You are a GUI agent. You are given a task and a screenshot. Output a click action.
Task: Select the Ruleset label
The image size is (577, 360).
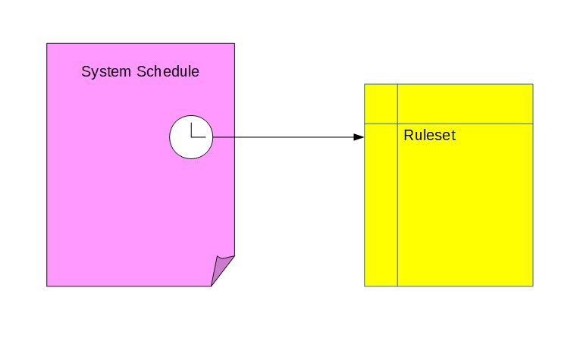coord(429,136)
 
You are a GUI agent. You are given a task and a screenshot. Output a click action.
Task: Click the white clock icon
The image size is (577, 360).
coord(190,137)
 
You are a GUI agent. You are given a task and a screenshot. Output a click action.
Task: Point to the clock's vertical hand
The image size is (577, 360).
coord(191,129)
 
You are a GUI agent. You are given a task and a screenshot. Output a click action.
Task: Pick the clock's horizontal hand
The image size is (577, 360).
coord(198,137)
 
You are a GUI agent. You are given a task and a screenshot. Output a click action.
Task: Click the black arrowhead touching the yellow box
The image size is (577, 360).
coord(359,137)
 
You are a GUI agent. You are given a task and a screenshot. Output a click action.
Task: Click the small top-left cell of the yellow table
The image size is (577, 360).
coord(381,103)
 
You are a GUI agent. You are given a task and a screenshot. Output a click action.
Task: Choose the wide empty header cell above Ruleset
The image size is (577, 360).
coord(465,103)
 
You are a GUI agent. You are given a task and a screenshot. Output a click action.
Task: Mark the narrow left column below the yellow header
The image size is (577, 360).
coord(381,205)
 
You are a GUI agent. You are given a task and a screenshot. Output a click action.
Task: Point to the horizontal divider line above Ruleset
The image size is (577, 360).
coord(465,123)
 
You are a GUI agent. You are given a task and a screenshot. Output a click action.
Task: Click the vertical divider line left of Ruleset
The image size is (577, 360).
coord(397,205)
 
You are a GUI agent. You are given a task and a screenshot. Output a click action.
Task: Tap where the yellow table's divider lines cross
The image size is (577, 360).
coord(397,123)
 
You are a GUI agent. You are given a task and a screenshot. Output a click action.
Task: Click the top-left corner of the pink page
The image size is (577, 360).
coord(47,43)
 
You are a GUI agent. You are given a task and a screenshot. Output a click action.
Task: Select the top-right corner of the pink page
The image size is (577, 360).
coord(234,43)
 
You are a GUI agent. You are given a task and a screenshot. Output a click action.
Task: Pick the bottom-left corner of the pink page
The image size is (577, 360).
coord(47,286)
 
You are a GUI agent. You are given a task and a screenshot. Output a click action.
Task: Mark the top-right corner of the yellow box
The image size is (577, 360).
coord(532,84)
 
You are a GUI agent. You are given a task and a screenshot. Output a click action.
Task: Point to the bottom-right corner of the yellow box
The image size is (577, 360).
coord(532,286)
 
